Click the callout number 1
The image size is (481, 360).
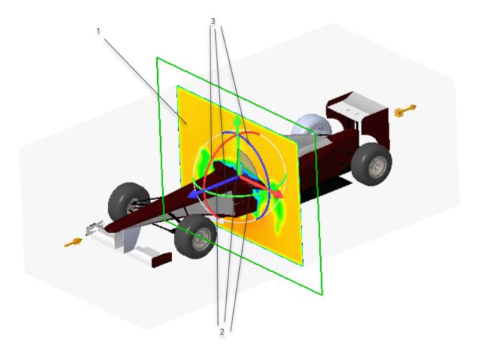(x=98, y=32)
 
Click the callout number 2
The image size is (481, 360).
(x=222, y=331)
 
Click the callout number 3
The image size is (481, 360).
(x=213, y=21)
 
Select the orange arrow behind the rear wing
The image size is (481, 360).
(x=405, y=110)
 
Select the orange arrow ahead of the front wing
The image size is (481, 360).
(x=73, y=243)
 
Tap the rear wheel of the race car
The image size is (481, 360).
(x=371, y=164)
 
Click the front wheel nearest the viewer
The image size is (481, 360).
(x=195, y=237)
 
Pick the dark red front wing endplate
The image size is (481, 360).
(x=162, y=260)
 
